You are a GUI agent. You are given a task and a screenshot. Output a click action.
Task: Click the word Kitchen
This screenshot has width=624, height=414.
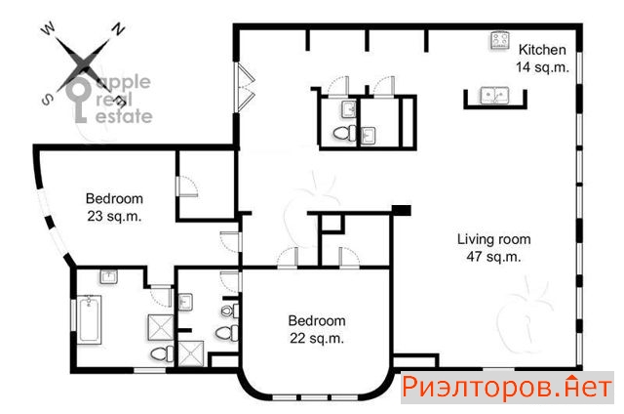pos(542,50)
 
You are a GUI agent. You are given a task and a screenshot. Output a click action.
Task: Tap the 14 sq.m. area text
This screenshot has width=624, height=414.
pos(542,67)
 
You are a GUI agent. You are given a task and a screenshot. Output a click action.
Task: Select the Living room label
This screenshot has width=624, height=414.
pos(494,239)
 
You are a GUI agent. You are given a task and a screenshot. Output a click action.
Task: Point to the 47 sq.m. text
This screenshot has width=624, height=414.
pos(493,257)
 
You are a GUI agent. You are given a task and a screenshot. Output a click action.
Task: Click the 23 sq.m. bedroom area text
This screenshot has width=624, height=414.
pos(114,217)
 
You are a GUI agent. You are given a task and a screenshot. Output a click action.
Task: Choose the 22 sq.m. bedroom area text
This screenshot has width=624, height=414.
pos(316,338)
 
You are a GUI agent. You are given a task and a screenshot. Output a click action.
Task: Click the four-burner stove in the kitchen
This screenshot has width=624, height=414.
pos(500,41)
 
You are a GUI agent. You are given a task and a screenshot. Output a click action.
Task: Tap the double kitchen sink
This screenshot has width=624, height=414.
pos(494,96)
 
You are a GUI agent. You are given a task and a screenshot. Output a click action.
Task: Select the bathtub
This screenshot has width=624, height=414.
pos(89,319)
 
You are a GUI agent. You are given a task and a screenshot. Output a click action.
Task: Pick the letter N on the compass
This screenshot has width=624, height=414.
pos(118,28)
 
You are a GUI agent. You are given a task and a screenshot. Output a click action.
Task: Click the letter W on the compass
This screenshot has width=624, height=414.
pos(49,28)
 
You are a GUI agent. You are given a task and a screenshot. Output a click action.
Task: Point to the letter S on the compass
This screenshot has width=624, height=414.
pos(47,100)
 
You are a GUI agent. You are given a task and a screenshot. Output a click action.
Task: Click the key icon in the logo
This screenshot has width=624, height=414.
pos(78,100)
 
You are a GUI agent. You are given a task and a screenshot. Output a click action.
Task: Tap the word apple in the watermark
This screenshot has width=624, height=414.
pos(124,82)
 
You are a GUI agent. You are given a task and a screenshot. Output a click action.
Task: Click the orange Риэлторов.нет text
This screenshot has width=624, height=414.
pos(507,388)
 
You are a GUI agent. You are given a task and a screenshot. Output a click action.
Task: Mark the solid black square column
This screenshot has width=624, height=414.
pos(401,210)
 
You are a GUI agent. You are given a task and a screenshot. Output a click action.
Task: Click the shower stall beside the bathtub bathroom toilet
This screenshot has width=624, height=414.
pos(161,327)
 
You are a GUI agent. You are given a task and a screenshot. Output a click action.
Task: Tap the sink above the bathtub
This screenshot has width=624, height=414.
pos(108,276)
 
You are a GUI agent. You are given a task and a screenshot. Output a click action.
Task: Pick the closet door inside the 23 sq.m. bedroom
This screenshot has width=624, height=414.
pos(186,186)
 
